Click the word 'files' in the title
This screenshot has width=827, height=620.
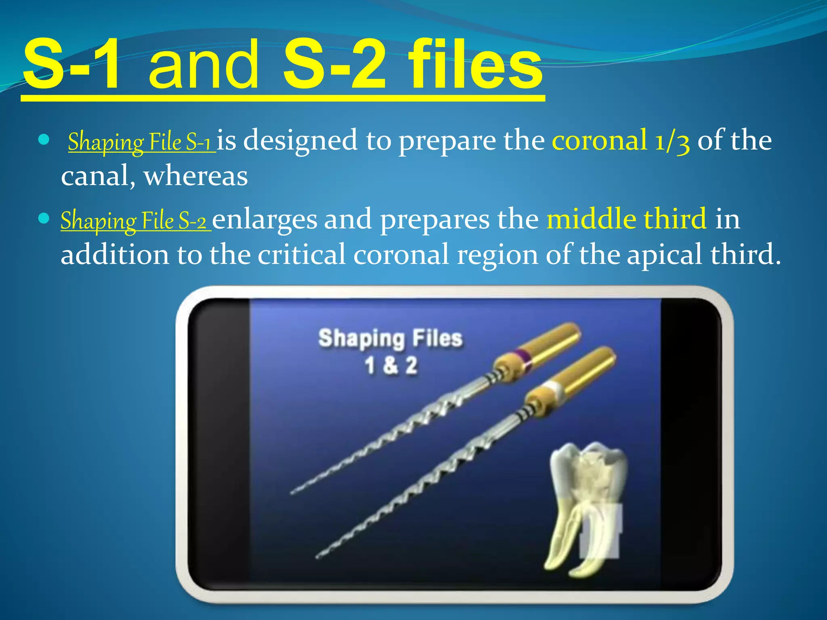475,65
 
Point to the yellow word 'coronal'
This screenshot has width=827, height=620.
600,140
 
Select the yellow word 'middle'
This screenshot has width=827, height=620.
591,219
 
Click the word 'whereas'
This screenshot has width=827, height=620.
196,176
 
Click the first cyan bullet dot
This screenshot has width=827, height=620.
43,140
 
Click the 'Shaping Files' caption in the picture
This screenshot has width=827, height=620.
390,338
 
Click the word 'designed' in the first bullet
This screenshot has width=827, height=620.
300,140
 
